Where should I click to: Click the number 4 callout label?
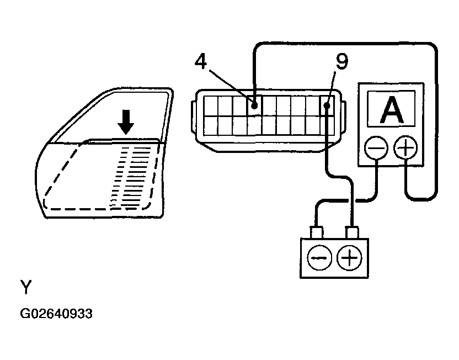[x=201, y=62]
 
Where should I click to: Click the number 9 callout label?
[x=342, y=62]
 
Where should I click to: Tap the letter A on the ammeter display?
[x=392, y=110]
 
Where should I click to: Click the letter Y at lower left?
[x=26, y=287]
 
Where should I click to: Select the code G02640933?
[x=56, y=314]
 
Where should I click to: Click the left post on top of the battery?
[x=317, y=231]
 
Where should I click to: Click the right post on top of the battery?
[x=351, y=231]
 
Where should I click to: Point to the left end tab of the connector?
[x=191, y=115]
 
